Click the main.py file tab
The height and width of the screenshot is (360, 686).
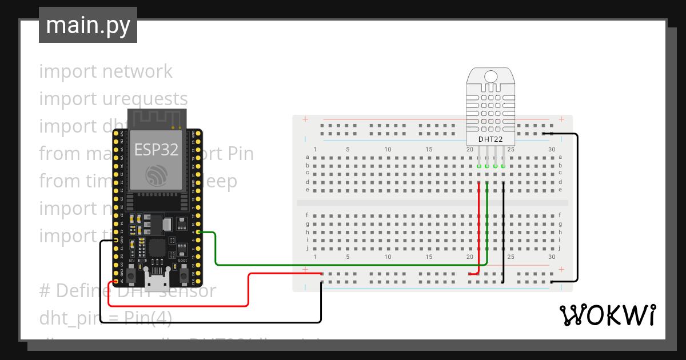click(88, 25)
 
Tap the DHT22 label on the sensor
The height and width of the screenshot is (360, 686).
click(490, 139)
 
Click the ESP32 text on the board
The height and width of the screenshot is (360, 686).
click(156, 150)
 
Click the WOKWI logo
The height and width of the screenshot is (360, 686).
click(607, 315)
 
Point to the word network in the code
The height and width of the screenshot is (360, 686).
click(137, 71)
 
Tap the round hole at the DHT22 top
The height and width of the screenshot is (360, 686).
click(490, 76)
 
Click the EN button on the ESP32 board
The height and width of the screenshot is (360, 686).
click(131, 276)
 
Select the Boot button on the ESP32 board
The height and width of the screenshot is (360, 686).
click(184, 276)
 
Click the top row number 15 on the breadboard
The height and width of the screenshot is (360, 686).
click(429, 150)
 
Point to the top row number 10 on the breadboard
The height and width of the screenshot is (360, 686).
click(388, 150)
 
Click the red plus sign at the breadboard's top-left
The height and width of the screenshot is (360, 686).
click(305, 119)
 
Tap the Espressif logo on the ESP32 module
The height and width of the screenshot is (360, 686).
click(156, 175)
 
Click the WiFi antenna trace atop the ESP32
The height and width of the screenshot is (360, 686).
click(156, 119)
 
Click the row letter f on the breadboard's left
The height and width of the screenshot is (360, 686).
click(308, 215)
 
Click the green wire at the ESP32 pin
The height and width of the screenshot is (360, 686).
click(200, 233)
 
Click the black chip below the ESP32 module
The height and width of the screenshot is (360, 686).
click(157, 249)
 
